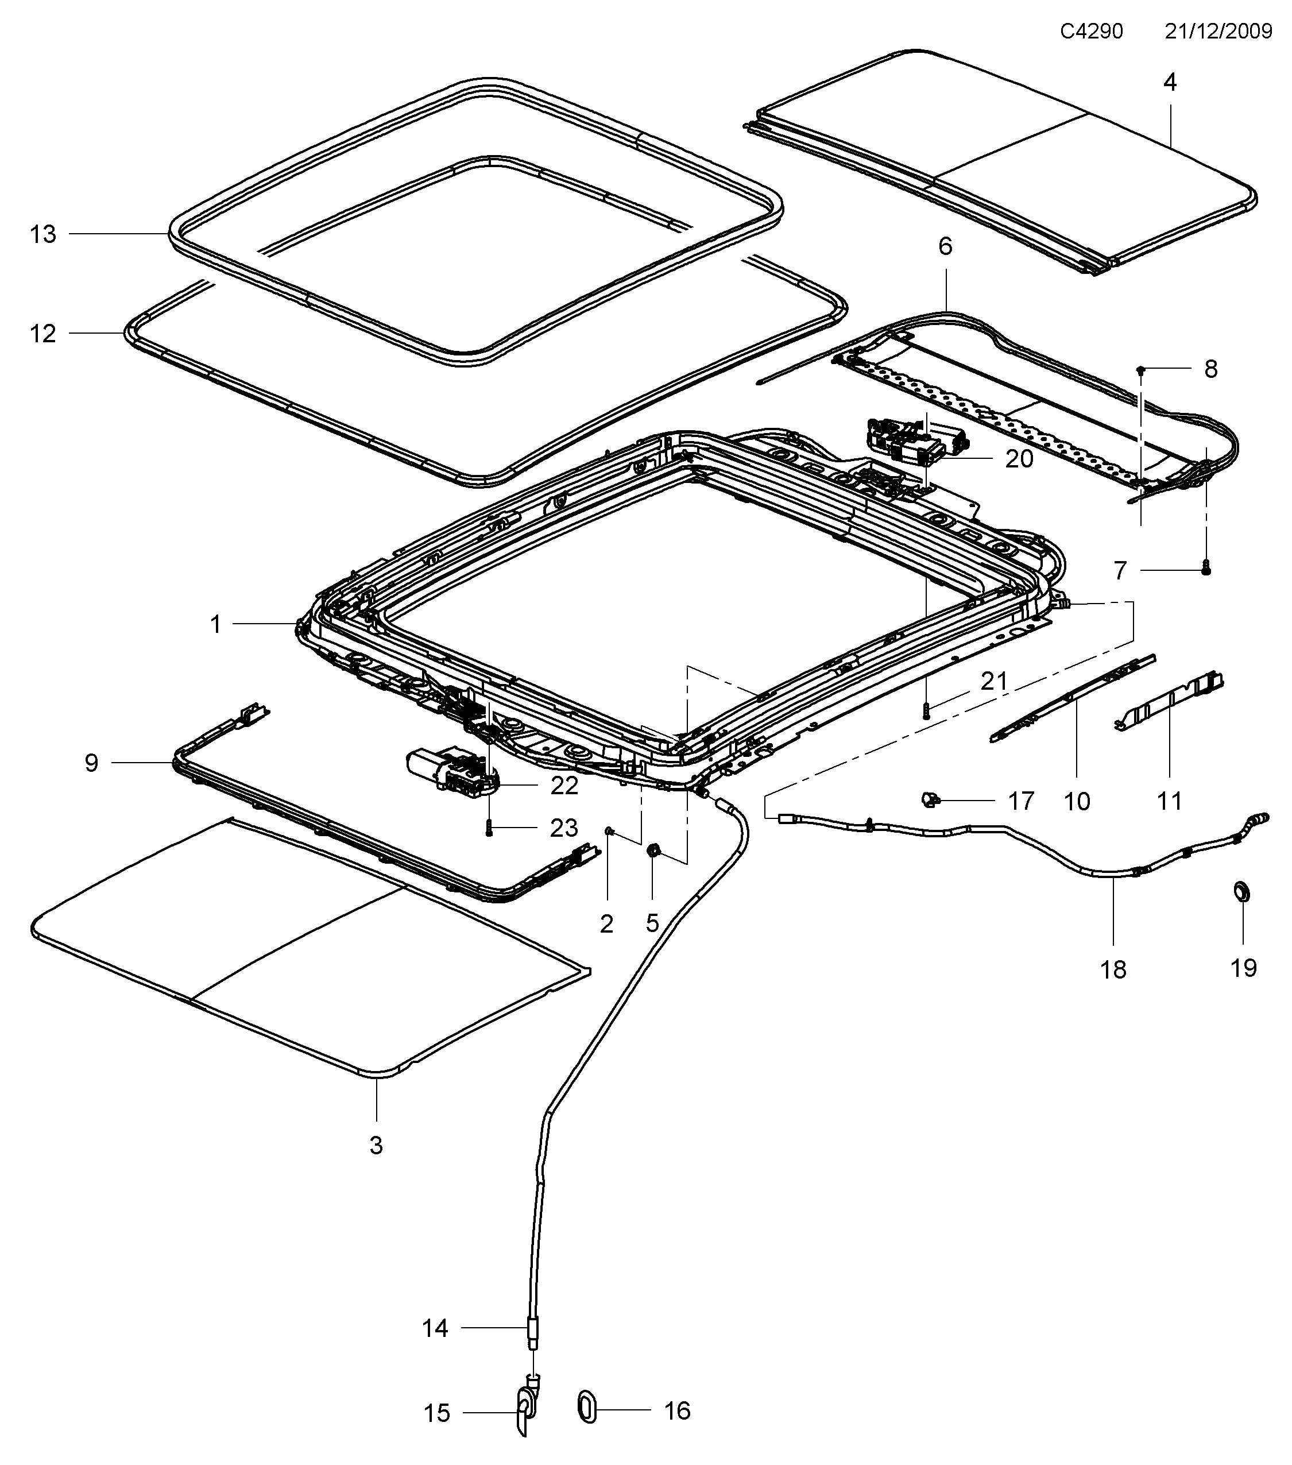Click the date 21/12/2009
[1218, 32]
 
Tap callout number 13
[43, 234]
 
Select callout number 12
[43, 334]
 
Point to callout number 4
[1170, 83]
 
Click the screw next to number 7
[1205, 569]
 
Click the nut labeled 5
[653, 851]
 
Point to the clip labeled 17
[930, 798]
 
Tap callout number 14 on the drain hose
[435, 1328]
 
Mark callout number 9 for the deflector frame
[91, 763]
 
